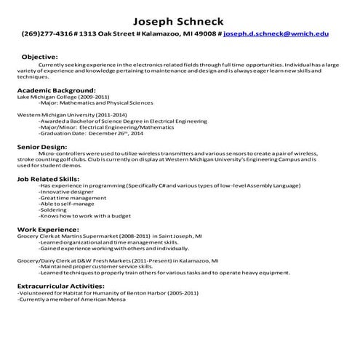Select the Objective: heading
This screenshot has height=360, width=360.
[x=40, y=56]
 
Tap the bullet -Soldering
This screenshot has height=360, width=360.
[x=56, y=210]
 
